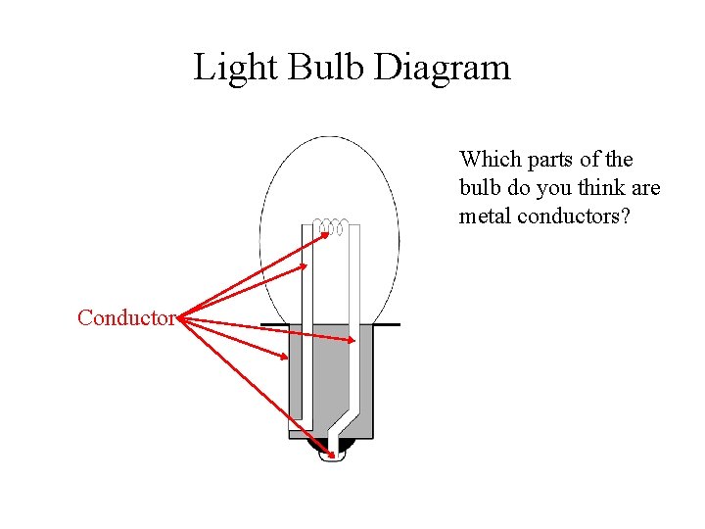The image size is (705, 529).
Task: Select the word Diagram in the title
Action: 445,68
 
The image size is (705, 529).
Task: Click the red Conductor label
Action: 125,317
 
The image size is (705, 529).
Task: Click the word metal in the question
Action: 486,216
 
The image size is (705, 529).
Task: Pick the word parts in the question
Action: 549,160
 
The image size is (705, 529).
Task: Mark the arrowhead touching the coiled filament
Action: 324,234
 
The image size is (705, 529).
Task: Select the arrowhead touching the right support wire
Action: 352,340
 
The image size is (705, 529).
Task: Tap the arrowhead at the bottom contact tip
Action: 332,455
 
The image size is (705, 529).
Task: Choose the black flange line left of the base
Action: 274,325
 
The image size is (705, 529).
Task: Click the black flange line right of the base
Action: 388,324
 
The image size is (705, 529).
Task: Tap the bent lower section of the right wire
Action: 343,422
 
